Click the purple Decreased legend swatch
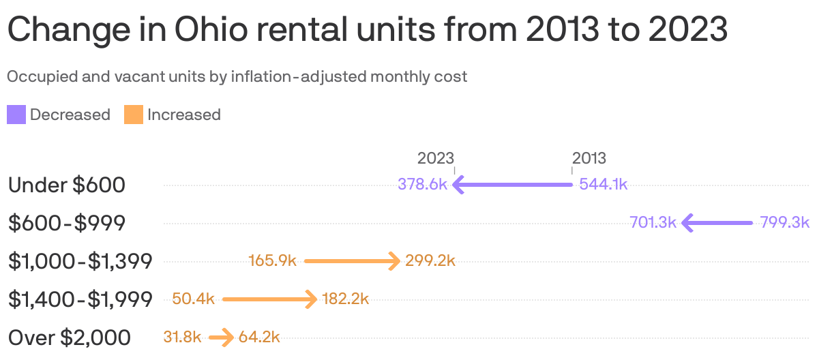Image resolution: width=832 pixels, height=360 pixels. click(16, 115)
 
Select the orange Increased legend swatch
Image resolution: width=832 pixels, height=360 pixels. click(134, 115)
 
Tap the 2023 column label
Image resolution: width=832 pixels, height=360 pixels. click(435, 158)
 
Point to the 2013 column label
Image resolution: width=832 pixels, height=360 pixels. click(589, 158)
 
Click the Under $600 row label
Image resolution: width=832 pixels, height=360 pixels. click(67, 185)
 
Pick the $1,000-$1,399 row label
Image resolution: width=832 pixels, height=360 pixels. click(80, 261)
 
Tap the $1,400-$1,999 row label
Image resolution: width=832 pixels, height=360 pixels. click(80, 299)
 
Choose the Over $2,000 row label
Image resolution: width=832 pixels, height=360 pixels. click(70, 337)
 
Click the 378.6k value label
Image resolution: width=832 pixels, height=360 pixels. click(422, 185)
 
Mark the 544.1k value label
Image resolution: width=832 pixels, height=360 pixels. click(603, 185)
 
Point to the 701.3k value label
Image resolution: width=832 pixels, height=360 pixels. click(653, 223)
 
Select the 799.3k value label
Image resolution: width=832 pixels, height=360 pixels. click(784, 223)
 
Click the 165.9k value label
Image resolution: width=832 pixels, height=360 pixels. click(273, 261)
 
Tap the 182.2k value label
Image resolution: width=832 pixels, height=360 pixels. click(346, 299)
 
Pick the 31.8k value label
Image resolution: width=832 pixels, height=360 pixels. click(183, 337)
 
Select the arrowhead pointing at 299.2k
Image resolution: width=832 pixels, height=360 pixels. click(393, 261)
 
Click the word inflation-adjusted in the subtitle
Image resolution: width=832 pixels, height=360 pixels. click(299, 76)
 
